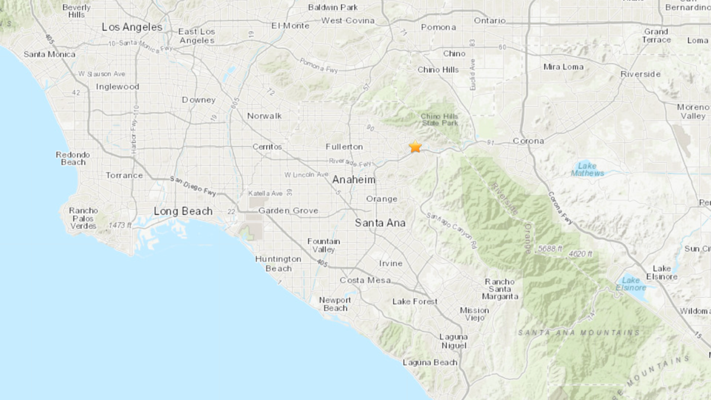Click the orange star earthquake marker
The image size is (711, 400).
point(415,146)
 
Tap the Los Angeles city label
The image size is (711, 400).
point(132,27)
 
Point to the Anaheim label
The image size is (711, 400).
point(354,180)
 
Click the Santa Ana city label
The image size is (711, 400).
point(380,223)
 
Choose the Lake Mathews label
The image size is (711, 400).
point(588,169)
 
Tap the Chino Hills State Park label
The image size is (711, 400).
point(440,119)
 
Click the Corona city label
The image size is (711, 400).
point(528,141)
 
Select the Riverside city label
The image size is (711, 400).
point(640,74)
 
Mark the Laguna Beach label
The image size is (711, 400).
point(430,362)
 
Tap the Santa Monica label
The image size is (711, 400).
point(50,54)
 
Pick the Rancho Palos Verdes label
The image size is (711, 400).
point(84,217)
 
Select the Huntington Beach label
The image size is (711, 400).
point(278,264)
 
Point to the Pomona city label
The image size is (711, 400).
point(438,27)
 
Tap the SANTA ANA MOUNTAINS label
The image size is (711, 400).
point(579,332)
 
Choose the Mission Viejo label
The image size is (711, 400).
point(475,314)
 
